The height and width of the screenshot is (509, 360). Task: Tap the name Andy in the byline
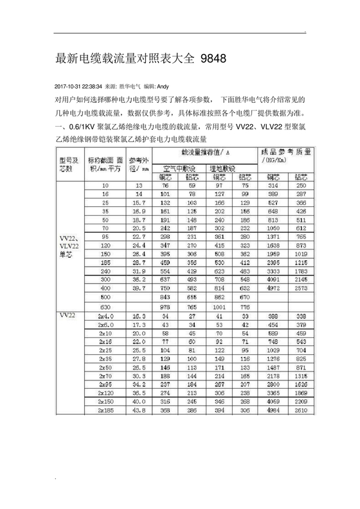(x=163, y=86)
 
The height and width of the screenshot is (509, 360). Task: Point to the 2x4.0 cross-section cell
(x=105, y=317)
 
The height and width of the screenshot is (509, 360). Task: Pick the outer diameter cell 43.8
(x=139, y=409)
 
